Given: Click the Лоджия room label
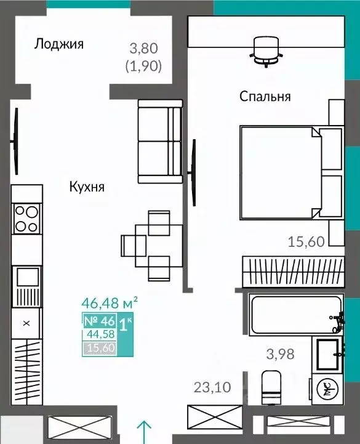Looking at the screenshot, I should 59,44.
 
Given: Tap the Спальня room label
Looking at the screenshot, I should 265,96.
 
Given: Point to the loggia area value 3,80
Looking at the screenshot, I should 145,47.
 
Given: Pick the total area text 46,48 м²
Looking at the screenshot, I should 110,304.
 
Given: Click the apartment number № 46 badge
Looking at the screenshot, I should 98,321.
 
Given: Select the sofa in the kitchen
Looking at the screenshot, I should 159,142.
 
